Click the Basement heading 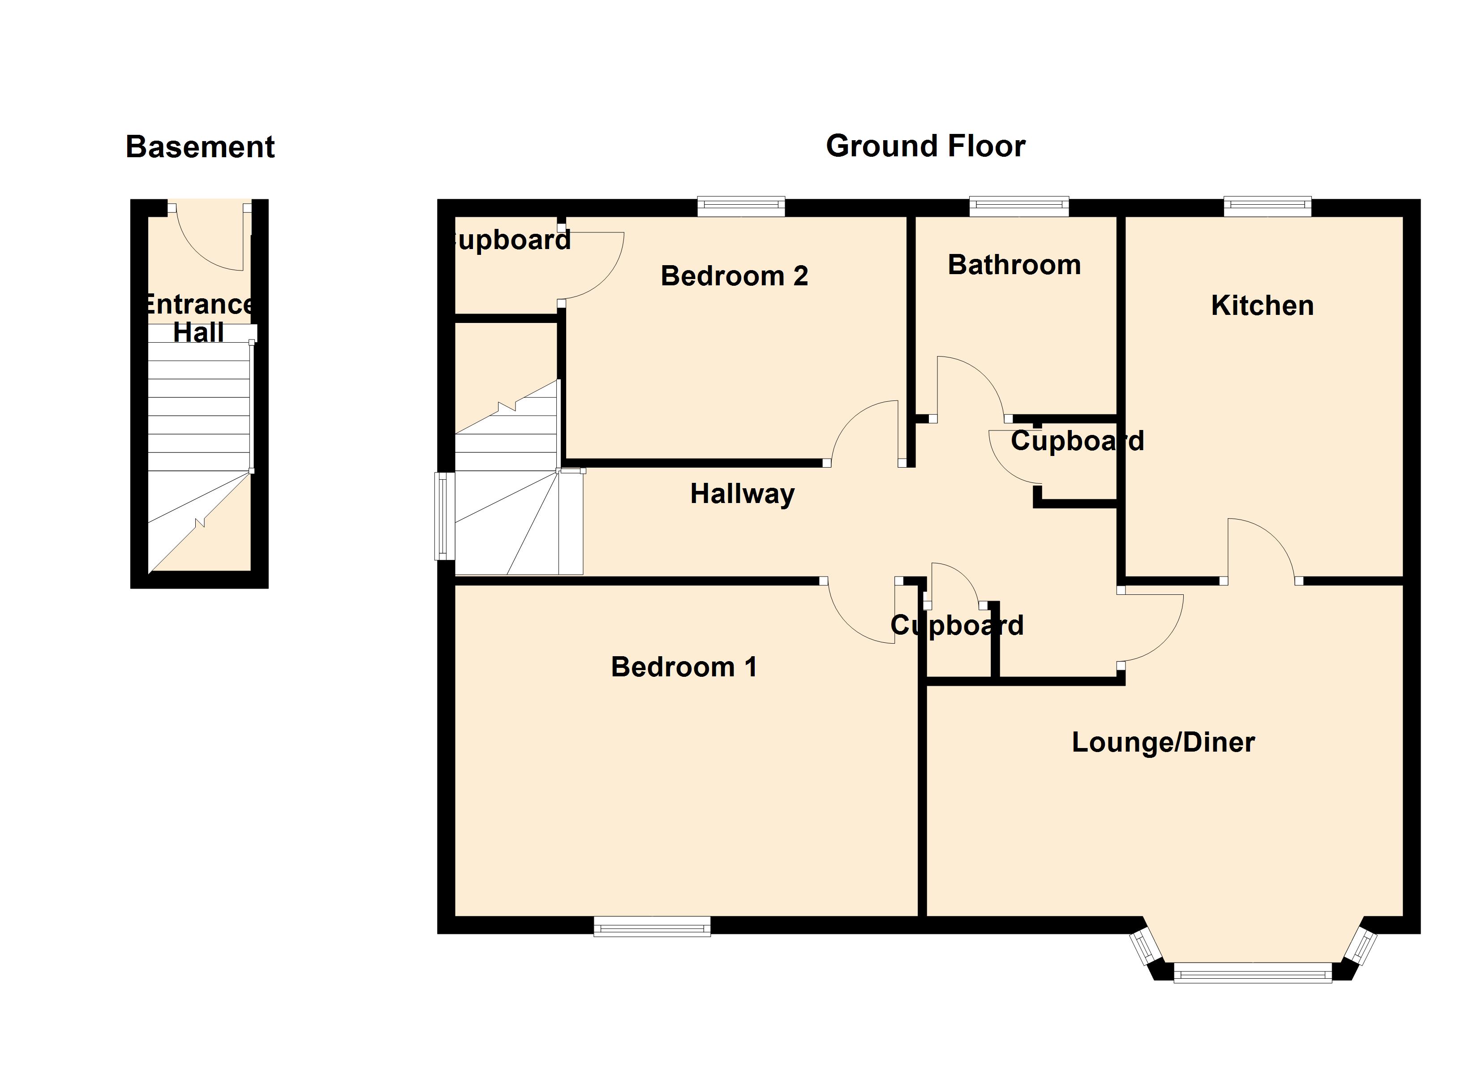click(200, 146)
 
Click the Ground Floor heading click(925, 146)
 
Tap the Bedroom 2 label click(735, 276)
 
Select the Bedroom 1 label click(683, 667)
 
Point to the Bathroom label click(1014, 265)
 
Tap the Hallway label click(742, 494)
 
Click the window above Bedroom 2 click(741, 206)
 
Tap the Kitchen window click(1267, 206)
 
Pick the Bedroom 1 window click(652, 926)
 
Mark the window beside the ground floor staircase click(444, 516)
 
